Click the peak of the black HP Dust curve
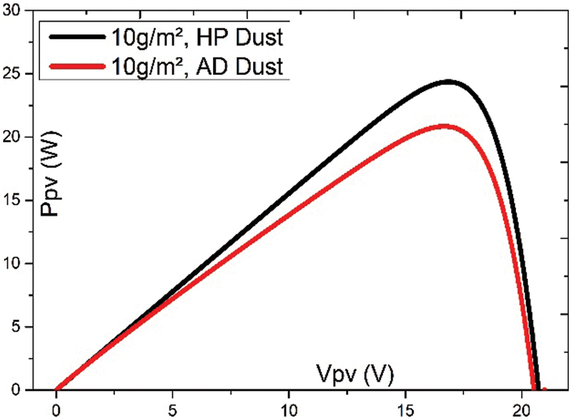point(448,82)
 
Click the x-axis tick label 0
point(57,407)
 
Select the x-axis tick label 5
point(173,407)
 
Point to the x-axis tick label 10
point(289,407)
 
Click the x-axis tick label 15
point(405,407)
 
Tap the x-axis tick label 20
point(522,407)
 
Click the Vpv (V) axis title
point(354,374)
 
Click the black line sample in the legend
point(74,37)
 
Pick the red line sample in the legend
point(74,65)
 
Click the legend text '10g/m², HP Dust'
point(195,37)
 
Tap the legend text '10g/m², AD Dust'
point(195,65)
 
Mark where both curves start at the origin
point(57,389)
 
